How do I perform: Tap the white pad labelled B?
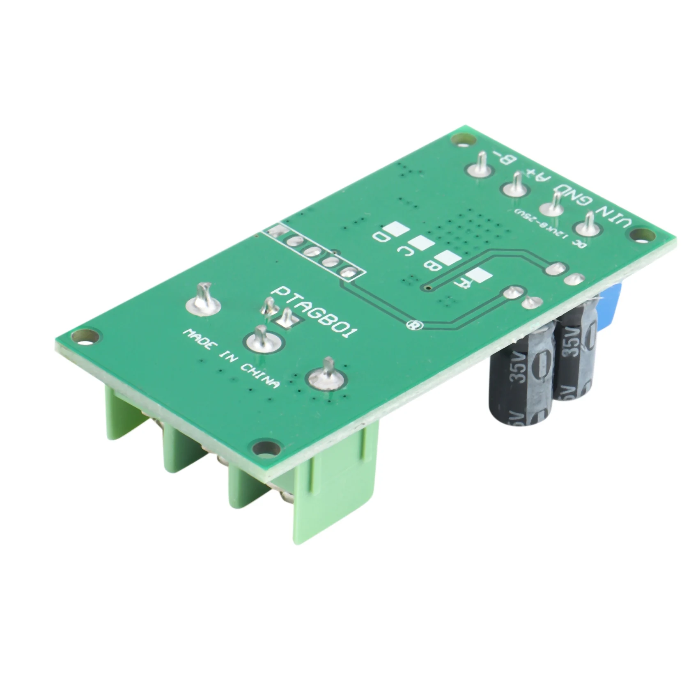click(x=446, y=258)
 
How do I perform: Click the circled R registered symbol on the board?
click(x=411, y=325)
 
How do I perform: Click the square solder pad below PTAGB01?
click(x=286, y=317)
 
